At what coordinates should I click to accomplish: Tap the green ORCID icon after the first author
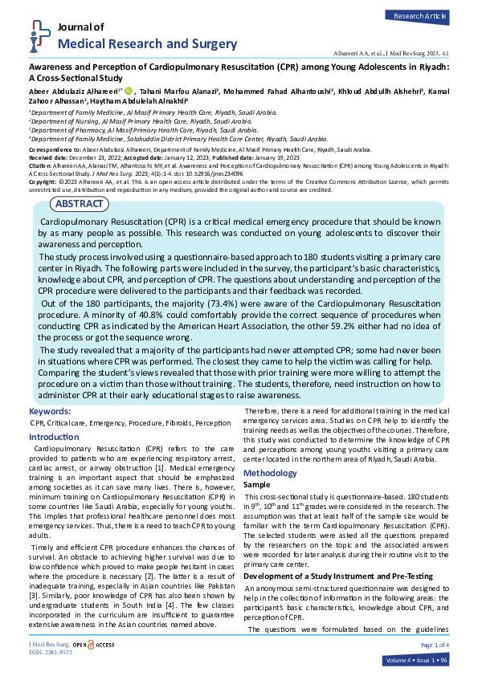tap(129, 92)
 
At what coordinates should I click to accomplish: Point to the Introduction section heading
tap(54, 437)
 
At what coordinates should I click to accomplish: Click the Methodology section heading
tap(270, 474)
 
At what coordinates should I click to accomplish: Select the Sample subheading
tap(257, 486)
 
